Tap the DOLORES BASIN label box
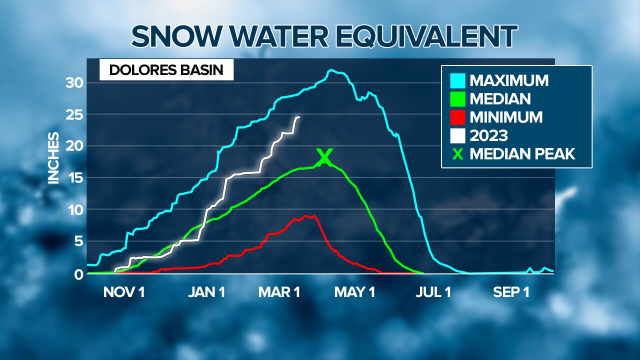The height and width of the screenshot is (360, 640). click(166, 70)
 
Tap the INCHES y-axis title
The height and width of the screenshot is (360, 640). click(54, 158)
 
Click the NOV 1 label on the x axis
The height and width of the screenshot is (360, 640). click(124, 292)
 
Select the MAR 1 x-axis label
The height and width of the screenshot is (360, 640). click(279, 292)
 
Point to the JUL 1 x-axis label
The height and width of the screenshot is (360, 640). click(433, 292)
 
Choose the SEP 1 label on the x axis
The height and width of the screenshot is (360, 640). click(511, 292)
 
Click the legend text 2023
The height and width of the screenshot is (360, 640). click(488, 135)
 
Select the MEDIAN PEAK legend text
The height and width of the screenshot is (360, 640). click(522, 154)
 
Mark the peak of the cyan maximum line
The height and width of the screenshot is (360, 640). click(330, 70)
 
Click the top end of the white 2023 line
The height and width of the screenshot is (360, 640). click(298, 117)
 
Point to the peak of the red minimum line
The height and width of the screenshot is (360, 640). click(306, 215)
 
